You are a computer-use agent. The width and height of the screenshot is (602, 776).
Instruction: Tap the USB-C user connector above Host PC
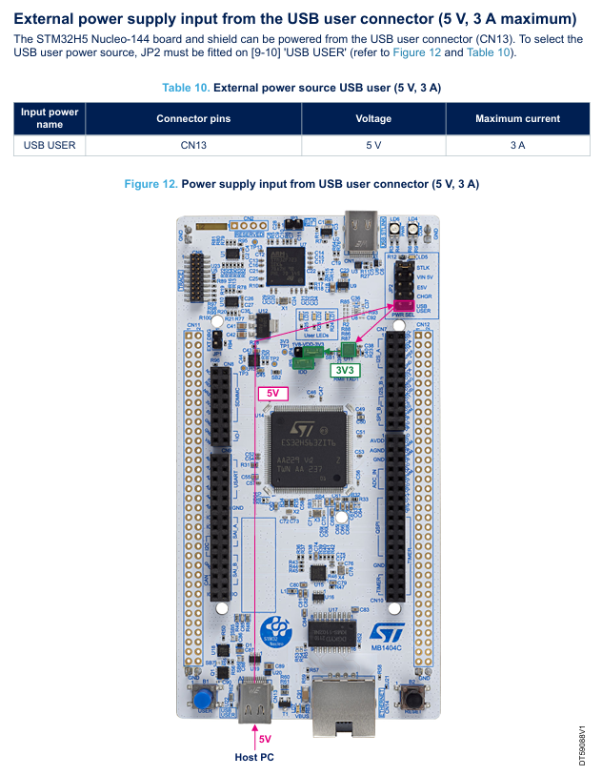click(x=260, y=704)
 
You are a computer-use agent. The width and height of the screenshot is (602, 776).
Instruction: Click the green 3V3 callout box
click(x=345, y=370)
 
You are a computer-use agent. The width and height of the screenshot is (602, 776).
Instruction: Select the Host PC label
click(x=254, y=757)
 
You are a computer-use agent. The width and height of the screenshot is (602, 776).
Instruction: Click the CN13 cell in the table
click(x=193, y=146)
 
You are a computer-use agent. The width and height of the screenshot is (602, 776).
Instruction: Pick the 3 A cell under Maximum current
click(x=517, y=146)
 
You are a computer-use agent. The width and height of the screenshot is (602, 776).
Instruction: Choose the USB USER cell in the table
click(x=50, y=146)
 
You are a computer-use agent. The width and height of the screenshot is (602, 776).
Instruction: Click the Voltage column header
click(x=373, y=119)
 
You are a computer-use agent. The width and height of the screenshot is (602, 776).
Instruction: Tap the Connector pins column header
click(x=193, y=119)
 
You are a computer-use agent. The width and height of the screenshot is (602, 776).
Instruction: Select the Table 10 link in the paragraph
click(x=490, y=52)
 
